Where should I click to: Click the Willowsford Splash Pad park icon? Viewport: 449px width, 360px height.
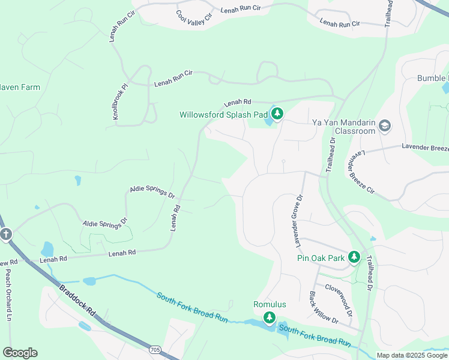coord(277,114)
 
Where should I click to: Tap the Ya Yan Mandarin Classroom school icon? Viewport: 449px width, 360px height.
coord(384,126)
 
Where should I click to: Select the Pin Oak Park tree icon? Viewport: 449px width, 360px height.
coord(354,258)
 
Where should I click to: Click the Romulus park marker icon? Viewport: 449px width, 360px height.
coord(270,317)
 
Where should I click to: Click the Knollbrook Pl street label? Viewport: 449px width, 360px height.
coord(121,100)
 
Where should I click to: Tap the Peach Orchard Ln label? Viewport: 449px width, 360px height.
coord(8,286)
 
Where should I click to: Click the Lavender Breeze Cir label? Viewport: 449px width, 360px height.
coord(361,173)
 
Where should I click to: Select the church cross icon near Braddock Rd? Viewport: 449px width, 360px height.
coord(6,234)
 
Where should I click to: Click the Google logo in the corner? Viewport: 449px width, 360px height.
coord(20,353)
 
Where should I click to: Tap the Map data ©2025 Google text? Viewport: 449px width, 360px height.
coord(411,355)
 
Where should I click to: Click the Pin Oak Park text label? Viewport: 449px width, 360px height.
coord(321,258)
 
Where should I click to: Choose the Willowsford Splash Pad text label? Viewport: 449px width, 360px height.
coord(223,114)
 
